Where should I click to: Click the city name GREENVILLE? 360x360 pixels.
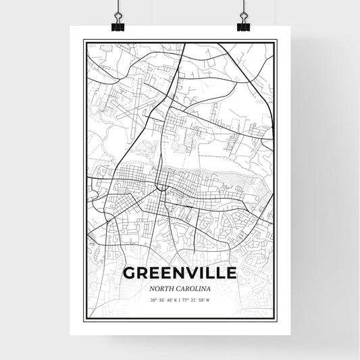pos(180,273)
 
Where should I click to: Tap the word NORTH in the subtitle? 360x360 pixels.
pos(160,288)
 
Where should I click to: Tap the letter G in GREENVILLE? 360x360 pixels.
pos(130,273)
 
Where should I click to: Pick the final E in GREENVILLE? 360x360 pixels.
pos(231,273)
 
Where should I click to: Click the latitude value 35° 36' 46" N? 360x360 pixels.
pos(161,301)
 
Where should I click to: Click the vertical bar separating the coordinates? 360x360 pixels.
pos(180,301)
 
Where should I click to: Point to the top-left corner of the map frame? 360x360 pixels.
pos(84,41)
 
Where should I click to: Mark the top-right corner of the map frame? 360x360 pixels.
pos(276,41)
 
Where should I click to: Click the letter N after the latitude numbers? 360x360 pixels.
pos(176,301)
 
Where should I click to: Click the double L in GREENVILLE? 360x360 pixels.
pos(213,273)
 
